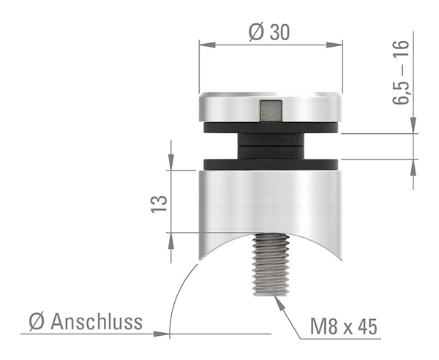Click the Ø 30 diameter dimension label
pos(269,32)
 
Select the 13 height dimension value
pos(159,204)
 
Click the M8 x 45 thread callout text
pos(344,326)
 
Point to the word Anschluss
pos(97,322)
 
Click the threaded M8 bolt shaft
pos(271,265)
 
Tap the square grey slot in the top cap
pos(271,111)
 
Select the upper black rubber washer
pos(271,127)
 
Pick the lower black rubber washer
pos(271,165)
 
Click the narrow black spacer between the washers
pos(271,146)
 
